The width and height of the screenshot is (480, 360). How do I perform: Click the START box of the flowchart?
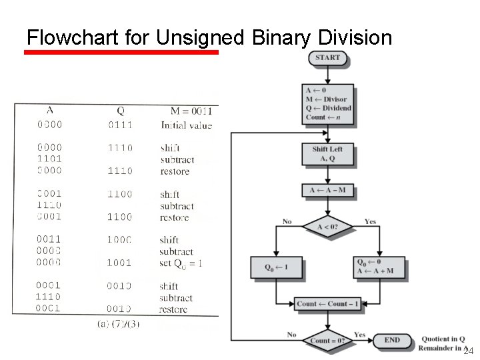[x=327, y=58]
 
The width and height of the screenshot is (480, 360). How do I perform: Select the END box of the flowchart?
[x=392, y=340]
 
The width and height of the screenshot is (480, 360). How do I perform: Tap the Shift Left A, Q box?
[x=327, y=154]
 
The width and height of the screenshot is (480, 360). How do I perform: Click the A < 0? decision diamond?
[x=327, y=227]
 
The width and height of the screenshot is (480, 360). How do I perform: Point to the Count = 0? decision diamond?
[x=327, y=340]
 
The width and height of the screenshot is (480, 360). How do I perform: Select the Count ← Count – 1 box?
[x=327, y=304]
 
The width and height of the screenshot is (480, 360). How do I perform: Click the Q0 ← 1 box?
[x=276, y=267]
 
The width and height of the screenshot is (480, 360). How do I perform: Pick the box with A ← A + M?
[x=379, y=267]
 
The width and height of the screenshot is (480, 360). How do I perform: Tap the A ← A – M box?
[x=327, y=191]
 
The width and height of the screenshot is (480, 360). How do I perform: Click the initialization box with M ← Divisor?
[x=327, y=103]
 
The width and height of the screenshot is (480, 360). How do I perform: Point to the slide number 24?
[x=468, y=351]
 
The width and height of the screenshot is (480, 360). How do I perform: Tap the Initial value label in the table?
[x=186, y=125]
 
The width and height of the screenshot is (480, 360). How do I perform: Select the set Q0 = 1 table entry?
[x=181, y=263]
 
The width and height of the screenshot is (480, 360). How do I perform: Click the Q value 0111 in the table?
[x=120, y=125]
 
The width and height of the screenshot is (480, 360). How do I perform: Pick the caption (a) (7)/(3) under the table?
[x=118, y=324]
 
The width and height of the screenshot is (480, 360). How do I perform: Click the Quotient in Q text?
[x=443, y=339]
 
